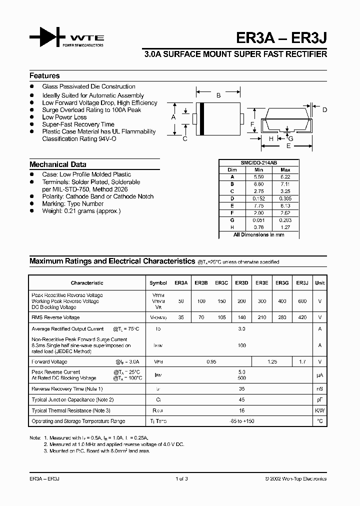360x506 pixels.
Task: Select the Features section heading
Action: point(44,76)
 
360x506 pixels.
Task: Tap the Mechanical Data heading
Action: point(57,164)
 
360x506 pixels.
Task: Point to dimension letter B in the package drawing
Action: point(218,95)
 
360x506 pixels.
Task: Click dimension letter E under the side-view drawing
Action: point(288,146)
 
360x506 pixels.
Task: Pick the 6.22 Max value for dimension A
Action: point(284,176)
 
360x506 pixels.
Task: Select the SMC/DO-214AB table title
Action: point(259,163)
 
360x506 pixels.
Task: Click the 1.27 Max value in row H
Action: point(284,227)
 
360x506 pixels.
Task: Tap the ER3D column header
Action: point(241,283)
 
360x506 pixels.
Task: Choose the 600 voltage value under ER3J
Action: point(302,301)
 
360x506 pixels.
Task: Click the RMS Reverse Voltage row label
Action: point(55,317)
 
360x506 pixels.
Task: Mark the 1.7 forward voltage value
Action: point(302,361)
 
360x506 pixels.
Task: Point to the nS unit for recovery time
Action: point(319,389)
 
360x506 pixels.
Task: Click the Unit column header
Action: point(319,283)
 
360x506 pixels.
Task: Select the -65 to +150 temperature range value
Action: point(241,421)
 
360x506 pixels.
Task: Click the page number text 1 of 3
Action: point(182,479)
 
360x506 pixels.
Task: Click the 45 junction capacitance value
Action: point(241,399)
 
